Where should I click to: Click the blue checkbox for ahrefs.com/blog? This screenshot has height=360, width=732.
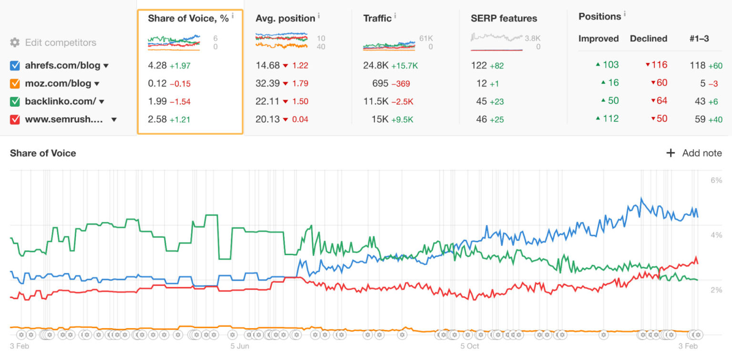[x=15, y=66]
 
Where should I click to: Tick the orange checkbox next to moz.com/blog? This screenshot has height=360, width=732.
[x=15, y=84]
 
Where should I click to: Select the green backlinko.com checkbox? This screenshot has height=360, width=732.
[x=15, y=102]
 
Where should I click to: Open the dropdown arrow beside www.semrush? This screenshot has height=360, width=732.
[x=114, y=120]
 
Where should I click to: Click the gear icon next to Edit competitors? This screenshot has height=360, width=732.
[x=15, y=42]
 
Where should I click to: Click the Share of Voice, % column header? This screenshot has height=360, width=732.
[x=188, y=19]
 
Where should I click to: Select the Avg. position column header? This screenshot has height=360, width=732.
[x=285, y=19]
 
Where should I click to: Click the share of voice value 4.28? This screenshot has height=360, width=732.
[x=157, y=66]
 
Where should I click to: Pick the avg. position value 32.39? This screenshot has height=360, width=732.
[x=267, y=83]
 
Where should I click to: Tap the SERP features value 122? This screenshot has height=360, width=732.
[x=478, y=66]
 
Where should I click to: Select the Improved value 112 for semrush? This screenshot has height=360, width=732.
[x=610, y=119]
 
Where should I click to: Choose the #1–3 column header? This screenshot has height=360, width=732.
[x=699, y=39]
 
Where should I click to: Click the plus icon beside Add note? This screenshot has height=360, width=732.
[x=671, y=153]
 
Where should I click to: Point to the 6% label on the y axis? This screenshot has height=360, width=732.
[x=716, y=180]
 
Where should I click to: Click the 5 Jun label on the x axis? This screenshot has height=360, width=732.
[x=240, y=346]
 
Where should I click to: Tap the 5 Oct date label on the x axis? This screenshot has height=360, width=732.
[x=469, y=346]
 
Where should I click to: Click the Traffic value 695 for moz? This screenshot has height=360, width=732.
[x=380, y=83]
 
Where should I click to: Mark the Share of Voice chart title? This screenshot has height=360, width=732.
[x=43, y=153]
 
